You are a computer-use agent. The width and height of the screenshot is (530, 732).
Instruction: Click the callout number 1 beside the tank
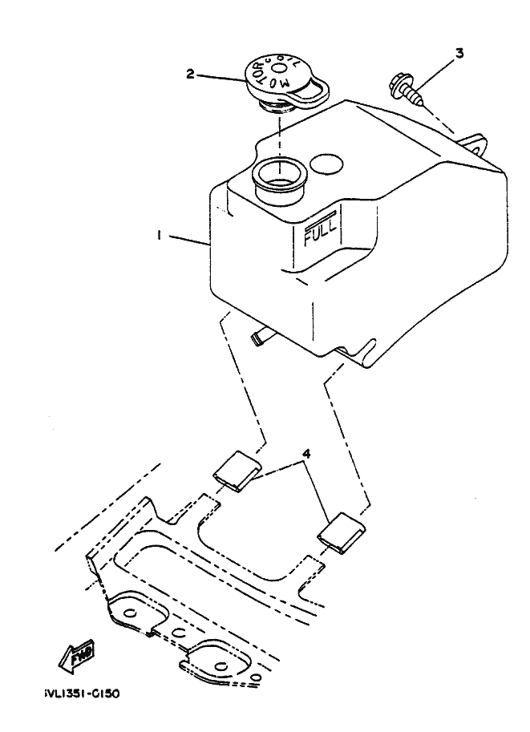(160, 236)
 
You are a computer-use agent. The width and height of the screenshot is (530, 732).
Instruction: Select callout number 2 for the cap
(190, 74)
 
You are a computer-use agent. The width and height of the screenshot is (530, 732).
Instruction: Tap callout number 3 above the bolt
(459, 54)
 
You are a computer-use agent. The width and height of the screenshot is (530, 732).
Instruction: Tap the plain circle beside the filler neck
(326, 164)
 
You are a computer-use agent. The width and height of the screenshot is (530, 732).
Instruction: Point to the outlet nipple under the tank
(258, 338)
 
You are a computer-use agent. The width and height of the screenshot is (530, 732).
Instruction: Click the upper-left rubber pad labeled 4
(236, 469)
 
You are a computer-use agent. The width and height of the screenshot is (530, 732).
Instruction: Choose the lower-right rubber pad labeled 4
(341, 533)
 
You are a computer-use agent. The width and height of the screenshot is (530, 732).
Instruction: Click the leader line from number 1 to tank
(188, 238)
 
